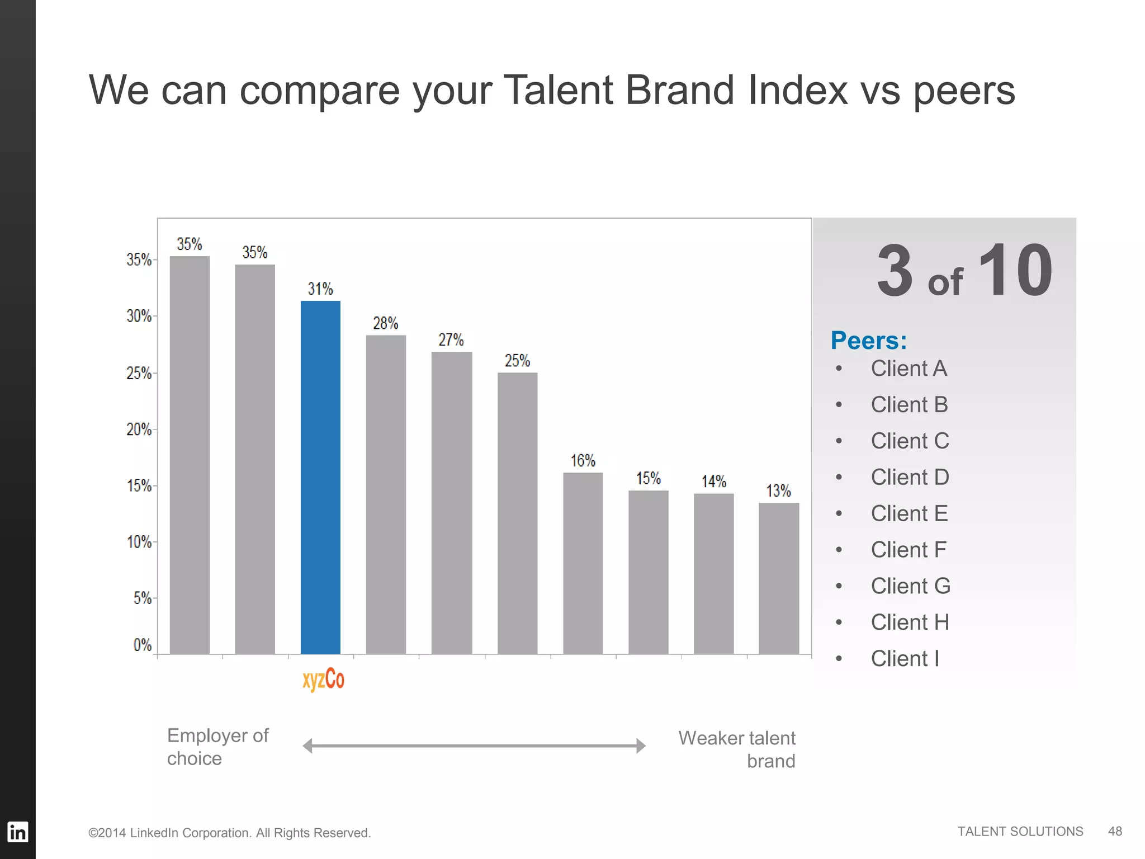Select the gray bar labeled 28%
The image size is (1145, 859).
386,494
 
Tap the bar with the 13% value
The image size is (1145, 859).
779,578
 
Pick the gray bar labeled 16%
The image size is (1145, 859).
583,563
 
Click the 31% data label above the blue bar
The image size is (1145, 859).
320,289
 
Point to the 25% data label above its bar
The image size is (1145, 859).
517,361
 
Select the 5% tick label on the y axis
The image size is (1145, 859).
142,598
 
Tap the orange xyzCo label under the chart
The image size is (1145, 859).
323,679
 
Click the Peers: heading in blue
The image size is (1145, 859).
868,341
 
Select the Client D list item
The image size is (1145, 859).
910,477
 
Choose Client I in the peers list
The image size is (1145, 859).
905,658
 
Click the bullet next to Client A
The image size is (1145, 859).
839,369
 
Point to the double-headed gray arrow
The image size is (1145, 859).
474,745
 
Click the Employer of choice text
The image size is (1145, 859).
217,747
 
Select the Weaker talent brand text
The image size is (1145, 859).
737,749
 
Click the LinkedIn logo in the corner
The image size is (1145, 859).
17,832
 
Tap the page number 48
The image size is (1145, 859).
1115,831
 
